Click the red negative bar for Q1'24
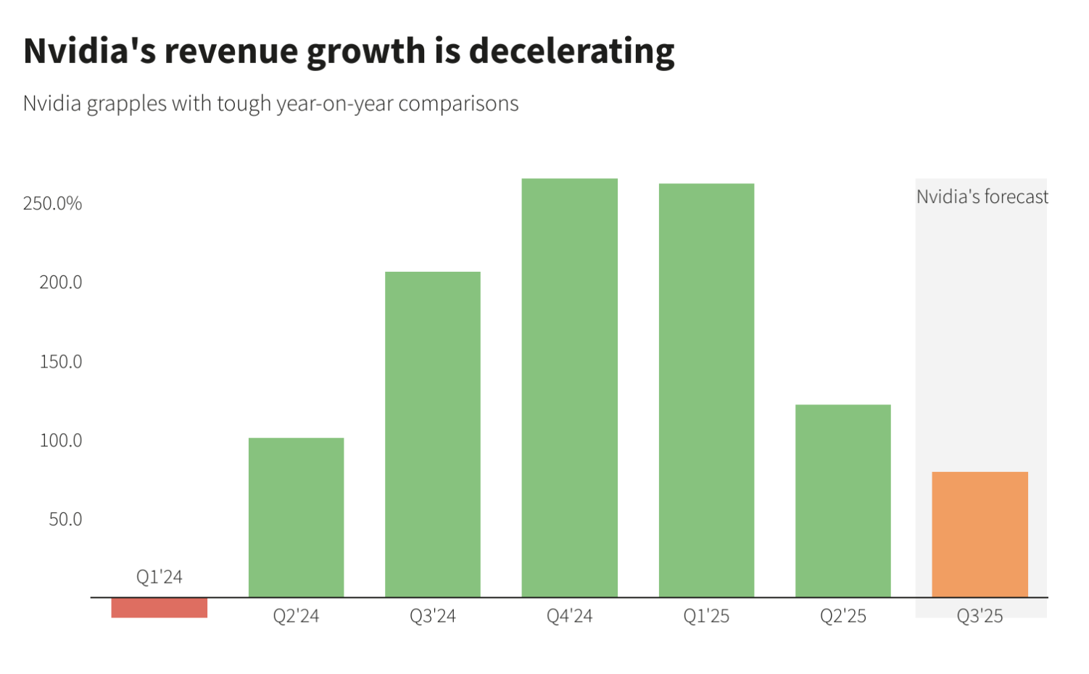[x=159, y=607]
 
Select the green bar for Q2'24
[x=296, y=517]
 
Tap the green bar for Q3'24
[x=433, y=435]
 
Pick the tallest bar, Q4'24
[x=570, y=388]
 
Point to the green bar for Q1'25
[x=706, y=391]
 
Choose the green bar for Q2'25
[x=843, y=501]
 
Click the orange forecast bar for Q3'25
[x=980, y=535]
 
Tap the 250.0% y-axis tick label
[x=52, y=204]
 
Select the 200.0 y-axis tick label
[x=61, y=282]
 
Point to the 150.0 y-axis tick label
[x=61, y=362]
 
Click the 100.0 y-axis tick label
[x=61, y=441]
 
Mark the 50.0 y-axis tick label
[x=65, y=520]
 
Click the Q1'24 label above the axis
[x=160, y=577]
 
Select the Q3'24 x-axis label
[x=433, y=616]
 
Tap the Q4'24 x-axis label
[x=570, y=616]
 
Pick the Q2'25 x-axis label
[x=843, y=616]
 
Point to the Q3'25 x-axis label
[x=980, y=616]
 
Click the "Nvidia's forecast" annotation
[x=982, y=197]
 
